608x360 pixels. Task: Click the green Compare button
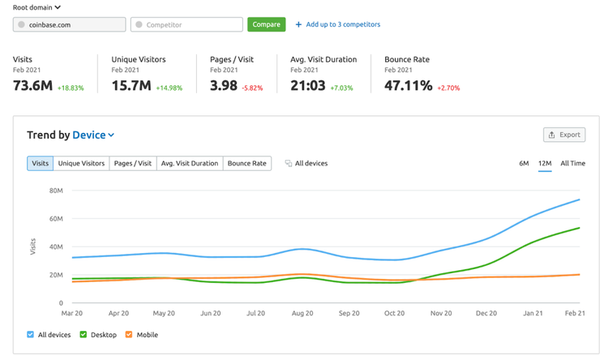coord(267,24)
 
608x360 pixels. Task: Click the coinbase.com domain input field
coord(70,24)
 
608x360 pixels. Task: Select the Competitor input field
coord(186,24)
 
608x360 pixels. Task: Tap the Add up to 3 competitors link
coord(338,24)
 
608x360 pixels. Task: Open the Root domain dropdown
coord(36,7)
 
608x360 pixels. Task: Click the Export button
coord(564,135)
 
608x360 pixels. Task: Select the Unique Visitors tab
coord(81,163)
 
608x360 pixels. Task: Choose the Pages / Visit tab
coord(133,163)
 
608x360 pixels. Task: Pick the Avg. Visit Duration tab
coord(190,163)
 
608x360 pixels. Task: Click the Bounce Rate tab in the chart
coord(247,163)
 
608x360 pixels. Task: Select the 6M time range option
coord(524,163)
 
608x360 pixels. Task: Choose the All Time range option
coord(572,163)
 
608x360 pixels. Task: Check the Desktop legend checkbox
coord(83,334)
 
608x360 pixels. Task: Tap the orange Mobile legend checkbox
coord(129,334)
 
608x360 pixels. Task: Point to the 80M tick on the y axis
coord(56,191)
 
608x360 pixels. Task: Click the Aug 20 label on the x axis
coord(302,313)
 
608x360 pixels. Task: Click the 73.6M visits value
coord(33,85)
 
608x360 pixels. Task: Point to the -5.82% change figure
coord(252,88)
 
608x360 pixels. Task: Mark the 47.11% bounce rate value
coord(409,85)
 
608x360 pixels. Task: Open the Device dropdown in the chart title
coord(93,135)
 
